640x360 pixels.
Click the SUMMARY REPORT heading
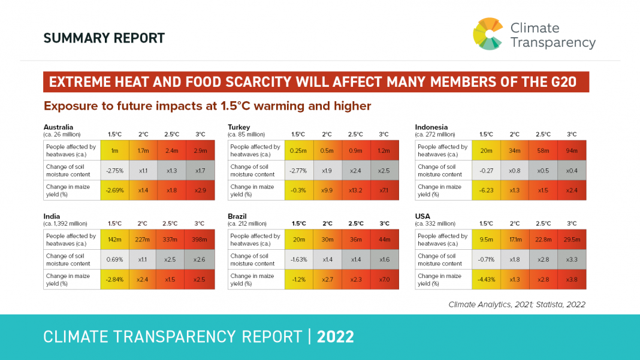[x=104, y=38]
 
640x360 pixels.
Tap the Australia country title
[x=59, y=127]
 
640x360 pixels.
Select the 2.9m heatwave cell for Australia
[x=200, y=150]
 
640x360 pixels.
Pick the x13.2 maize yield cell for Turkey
[x=355, y=190]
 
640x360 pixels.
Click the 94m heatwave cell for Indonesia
[x=572, y=150]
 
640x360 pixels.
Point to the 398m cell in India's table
[x=200, y=240]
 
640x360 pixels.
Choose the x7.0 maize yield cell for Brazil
[x=384, y=280]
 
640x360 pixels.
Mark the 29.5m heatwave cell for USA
[x=572, y=240]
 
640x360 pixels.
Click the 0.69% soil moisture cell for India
[x=114, y=259]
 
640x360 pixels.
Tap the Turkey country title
[x=239, y=127]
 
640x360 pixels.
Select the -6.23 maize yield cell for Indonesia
[x=486, y=190]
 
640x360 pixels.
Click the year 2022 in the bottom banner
[x=336, y=337]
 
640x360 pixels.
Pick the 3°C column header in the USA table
[x=572, y=223]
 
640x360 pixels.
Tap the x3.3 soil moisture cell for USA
[x=572, y=259]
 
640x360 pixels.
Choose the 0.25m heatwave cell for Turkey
[x=298, y=150]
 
